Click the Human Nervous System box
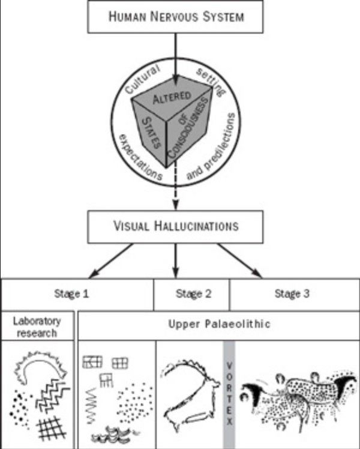(x=176, y=16)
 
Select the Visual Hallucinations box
(x=176, y=226)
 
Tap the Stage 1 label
(x=78, y=294)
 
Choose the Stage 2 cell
(x=191, y=294)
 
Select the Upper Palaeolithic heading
(x=219, y=324)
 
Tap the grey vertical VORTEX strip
(x=229, y=393)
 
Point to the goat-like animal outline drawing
(x=190, y=393)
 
